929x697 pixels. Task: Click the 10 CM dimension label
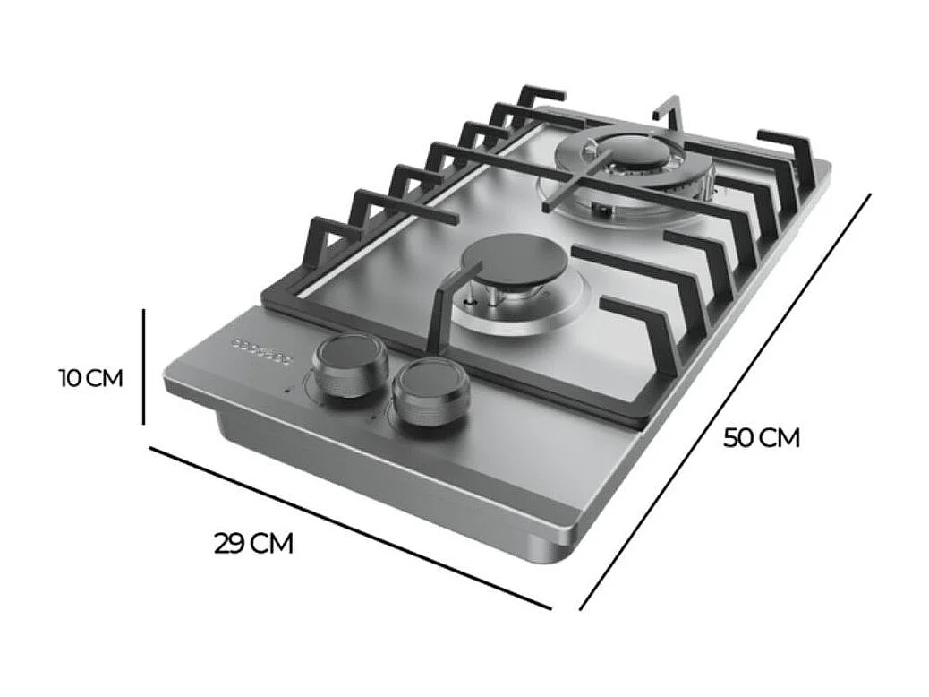(x=90, y=378)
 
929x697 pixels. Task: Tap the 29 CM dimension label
(x=253, y=544)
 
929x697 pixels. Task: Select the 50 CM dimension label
(x=762, y=438)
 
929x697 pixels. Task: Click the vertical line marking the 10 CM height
(x=143, y=366)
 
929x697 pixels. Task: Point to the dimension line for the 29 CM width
(x=349, y=528)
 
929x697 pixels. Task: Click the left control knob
(x=349, y=366)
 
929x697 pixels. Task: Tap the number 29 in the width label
(x=230, y=544)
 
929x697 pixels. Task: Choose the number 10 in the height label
(x=72, y=378)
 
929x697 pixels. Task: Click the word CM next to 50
(x=781, y=438)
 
